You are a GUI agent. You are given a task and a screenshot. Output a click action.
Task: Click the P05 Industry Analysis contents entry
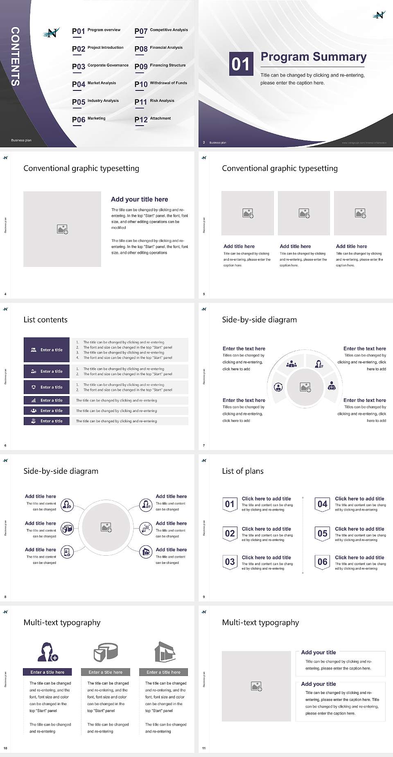(95, 102)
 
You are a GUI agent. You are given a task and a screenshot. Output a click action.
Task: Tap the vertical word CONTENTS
(15, 56)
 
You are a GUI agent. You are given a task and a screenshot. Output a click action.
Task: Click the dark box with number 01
(241, 64)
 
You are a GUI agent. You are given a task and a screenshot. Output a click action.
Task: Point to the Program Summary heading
(313, 57)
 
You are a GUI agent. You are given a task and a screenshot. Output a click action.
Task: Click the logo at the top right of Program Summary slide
(379, 15)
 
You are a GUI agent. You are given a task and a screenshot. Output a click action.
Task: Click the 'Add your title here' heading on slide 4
(139, 199)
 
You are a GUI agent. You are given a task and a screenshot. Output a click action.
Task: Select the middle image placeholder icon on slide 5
(304, 213)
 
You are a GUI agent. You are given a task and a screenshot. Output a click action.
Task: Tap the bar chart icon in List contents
(34, 400)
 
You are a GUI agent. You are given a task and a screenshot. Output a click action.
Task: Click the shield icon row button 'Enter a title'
(47, 387)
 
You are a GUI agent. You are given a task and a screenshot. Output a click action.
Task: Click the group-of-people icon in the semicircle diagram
(291, 363)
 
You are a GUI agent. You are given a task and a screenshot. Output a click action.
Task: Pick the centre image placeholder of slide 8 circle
(106, 527)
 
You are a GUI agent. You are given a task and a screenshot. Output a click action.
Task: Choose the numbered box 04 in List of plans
(322, 504)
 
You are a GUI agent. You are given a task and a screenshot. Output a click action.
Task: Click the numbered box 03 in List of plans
(230, 562)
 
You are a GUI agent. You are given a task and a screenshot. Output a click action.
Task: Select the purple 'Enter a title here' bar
(47, 672)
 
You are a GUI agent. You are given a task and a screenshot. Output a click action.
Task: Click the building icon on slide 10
(165, 652)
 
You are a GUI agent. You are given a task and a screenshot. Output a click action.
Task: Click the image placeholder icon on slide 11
(256, 686)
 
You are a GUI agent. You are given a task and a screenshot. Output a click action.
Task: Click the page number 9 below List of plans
(204, 597)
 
